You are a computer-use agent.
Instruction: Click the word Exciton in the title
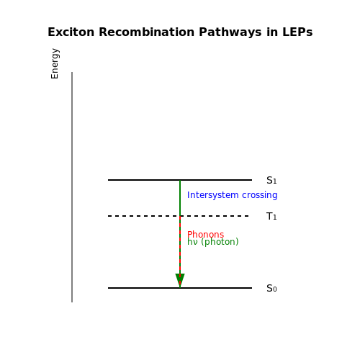[71, 32]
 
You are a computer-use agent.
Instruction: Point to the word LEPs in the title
[297, 32]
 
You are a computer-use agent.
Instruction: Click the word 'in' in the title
[272, 32]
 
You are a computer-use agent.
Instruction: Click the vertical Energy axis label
[55, 63]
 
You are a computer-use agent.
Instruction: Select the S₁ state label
[271, 180]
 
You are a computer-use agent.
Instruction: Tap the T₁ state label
[271, 216]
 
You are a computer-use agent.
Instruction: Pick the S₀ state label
[271, 288]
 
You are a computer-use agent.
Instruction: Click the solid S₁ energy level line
[180, 180]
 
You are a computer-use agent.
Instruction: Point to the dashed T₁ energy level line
[179, 216]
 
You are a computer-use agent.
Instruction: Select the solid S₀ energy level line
[180, 288]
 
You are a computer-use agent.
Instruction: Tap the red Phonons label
[205, 234]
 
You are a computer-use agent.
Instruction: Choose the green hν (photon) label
[213, 242]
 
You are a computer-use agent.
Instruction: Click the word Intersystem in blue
[213, 195]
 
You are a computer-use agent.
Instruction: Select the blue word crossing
[260, 195]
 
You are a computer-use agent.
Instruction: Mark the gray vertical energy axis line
[72, 187]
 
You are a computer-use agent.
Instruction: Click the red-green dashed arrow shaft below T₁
[180, 245]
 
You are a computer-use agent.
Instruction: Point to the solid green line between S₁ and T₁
[180, 198]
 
